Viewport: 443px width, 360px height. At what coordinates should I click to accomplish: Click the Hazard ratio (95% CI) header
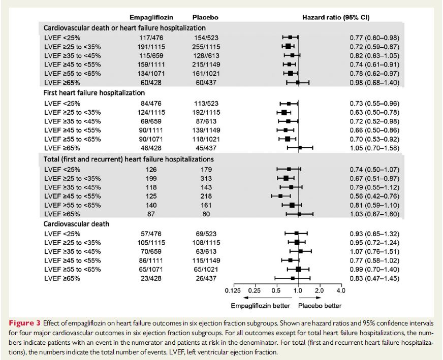[336, 17]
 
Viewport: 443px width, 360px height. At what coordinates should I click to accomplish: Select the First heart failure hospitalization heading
[94, 93]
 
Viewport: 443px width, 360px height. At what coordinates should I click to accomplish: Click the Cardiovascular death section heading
[77, 224]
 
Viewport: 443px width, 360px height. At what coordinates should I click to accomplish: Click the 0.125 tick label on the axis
[233, 291]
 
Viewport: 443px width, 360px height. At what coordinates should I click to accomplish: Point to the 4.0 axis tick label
[340, 291]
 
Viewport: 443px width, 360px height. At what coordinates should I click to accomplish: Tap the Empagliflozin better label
[261, 306]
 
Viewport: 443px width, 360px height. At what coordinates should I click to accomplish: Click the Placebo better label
[320, 306]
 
